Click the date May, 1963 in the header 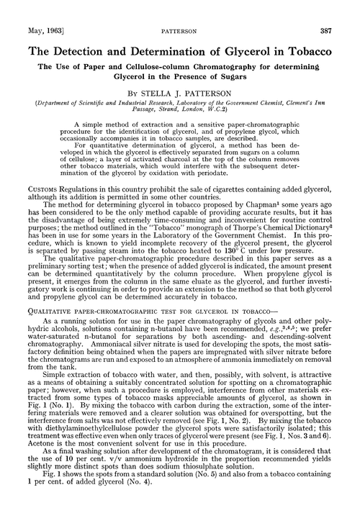pos(28,13)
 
